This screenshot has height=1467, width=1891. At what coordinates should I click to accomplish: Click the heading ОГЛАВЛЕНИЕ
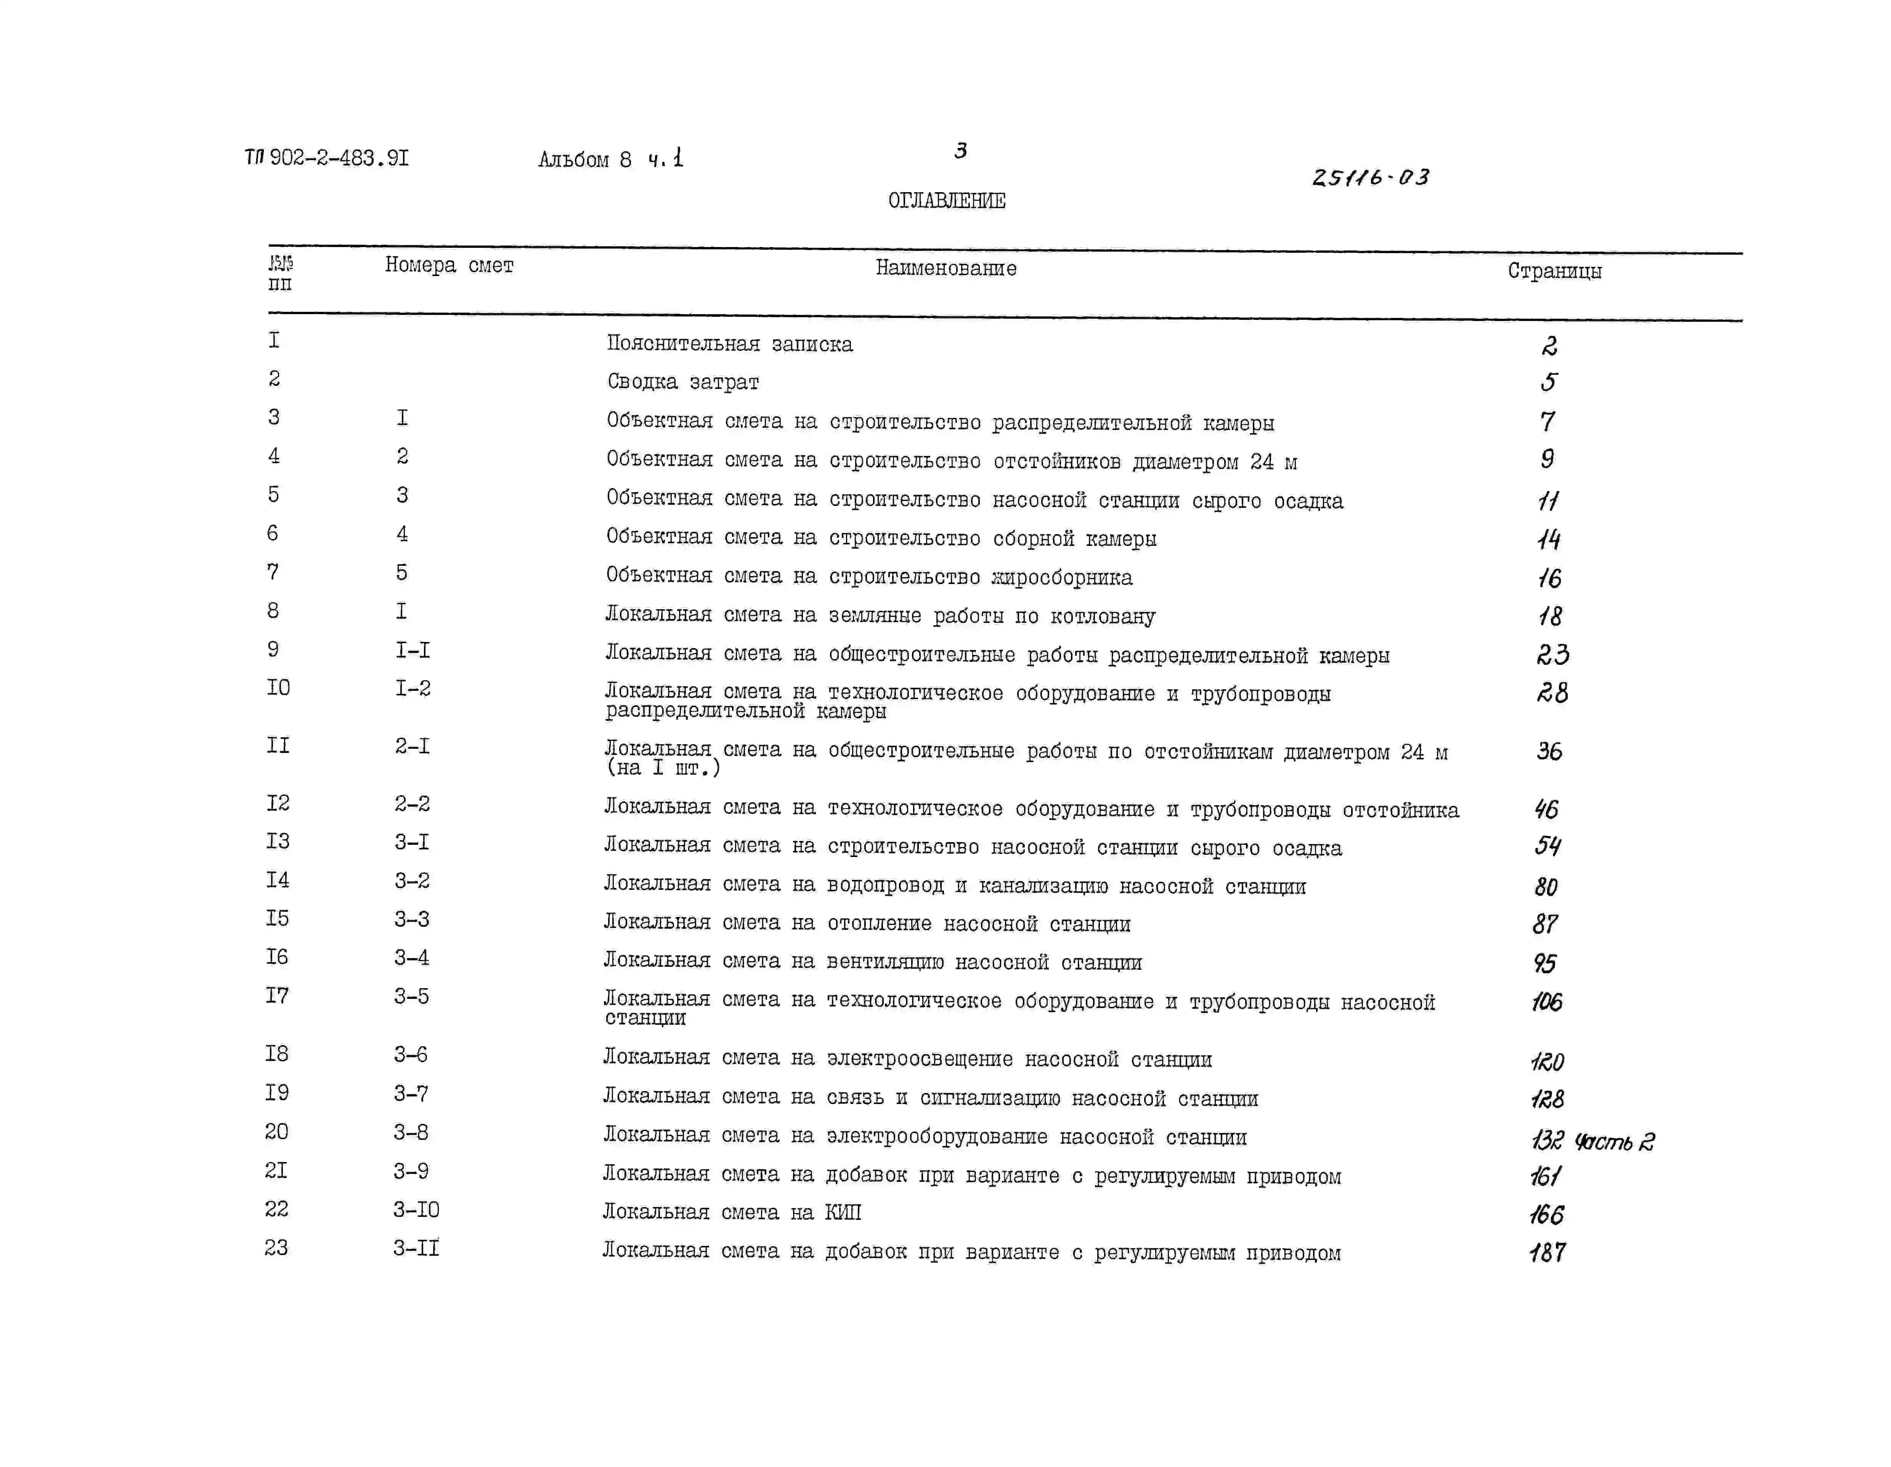click(946, 201)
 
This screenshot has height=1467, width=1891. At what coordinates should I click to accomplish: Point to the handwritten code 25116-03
click(1371, 178)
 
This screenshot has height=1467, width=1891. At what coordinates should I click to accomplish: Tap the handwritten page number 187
click(1547, 1252)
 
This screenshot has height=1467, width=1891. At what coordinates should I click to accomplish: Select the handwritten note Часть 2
click(1614, 1141)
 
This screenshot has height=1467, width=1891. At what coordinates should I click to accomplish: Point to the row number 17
click(277, 996)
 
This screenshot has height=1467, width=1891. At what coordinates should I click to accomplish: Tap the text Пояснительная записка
click(729, 344)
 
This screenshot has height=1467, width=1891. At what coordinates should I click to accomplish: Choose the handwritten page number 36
click(1549, 751)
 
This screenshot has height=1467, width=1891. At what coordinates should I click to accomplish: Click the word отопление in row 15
click(879, 924)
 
